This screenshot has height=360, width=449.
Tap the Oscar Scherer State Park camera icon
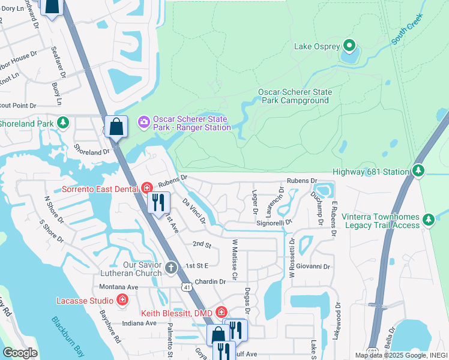(144, 122)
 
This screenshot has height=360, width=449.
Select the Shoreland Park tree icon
(63, 123)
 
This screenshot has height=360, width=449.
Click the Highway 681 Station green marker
(419, 172)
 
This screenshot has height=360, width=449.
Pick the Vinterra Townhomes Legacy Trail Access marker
(429, 220)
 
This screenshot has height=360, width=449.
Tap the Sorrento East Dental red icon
(147, 189)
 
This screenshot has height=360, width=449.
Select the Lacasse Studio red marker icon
(123, 300)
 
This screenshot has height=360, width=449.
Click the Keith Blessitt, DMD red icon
(221, 313)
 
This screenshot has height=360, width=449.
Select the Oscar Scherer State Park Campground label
(295, 97)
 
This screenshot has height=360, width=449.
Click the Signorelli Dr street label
(274, 222)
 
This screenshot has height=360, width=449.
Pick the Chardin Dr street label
(209, 281)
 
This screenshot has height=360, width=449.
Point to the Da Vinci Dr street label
(194, 212)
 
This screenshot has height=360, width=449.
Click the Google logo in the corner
(20, 353)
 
